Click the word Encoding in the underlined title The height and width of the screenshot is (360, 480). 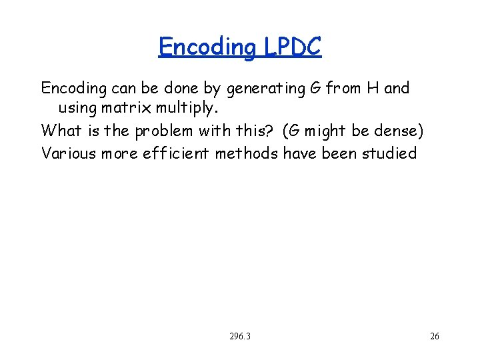(207, 47)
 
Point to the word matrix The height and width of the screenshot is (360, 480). (128, 107)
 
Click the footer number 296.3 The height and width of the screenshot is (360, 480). (239, 337)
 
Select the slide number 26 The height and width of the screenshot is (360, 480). (435, 337)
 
